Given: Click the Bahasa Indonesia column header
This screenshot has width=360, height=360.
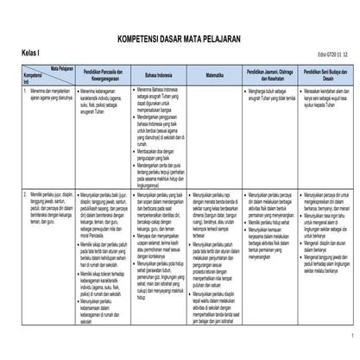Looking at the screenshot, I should tap(161, 76).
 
